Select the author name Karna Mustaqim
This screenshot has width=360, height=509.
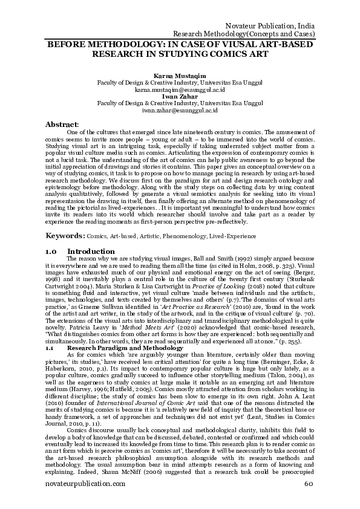(x=180, y=75)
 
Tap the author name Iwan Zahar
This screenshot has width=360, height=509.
(x=180, y=96)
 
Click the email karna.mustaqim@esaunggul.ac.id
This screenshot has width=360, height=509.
(x=180, y=89)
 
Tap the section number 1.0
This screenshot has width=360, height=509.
(x=51, y=250)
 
